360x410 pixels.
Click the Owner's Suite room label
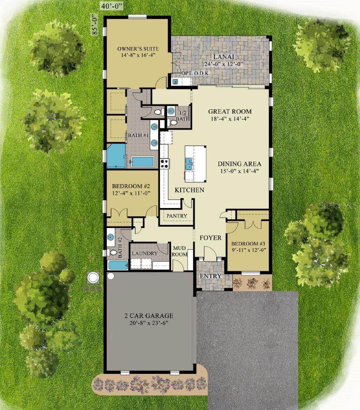pos(138,49)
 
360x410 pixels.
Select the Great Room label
pos(230,111)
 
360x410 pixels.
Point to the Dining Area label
pos(239,164)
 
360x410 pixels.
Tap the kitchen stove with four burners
pos(165,163)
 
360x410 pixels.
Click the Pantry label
pos(177,216)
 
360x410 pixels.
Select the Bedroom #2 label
pos(131,186)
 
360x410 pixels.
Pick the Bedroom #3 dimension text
pos(249,250)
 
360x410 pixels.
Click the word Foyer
pos(210,238)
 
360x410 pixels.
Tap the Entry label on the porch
pos(211,276)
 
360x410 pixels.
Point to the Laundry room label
pos(145,253)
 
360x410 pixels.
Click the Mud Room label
pos(179,251)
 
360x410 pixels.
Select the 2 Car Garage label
pos(149,316)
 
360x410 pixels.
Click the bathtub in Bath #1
pos(142,161)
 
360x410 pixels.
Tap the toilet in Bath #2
pos(111,252)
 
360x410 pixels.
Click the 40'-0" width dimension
pos(111,7)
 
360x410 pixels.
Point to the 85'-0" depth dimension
pos(94,25)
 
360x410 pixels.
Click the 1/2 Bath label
pos(183,116)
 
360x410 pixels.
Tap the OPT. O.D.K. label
pos(196,74)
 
